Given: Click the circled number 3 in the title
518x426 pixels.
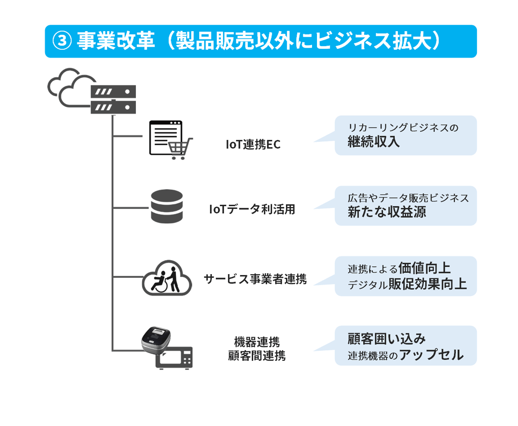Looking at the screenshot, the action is point(62,41).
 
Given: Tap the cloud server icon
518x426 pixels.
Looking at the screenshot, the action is point(91,91).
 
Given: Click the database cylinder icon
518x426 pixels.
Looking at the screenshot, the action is point(167,206).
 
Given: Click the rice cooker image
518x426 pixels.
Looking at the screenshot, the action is point(156,340).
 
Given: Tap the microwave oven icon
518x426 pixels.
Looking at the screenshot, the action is point(174,358).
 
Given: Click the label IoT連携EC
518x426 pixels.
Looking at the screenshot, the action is point(253,144).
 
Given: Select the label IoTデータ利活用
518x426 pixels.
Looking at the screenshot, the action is point(252,209).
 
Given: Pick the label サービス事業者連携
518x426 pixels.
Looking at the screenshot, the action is point(255,279).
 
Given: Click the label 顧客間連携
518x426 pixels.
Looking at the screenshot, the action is point(257,356).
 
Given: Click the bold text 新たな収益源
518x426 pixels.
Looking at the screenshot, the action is point(387,212).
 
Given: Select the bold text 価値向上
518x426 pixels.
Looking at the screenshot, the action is point(424,268).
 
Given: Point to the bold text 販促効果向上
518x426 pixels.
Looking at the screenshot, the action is point(428,284).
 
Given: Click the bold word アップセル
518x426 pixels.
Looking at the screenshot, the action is point(431,355).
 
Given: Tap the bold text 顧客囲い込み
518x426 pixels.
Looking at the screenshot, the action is point(387,339).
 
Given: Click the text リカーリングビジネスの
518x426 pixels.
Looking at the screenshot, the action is point(403,128).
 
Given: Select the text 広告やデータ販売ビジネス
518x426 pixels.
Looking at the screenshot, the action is point(408,198).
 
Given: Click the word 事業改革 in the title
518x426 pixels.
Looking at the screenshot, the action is point(116,41).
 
